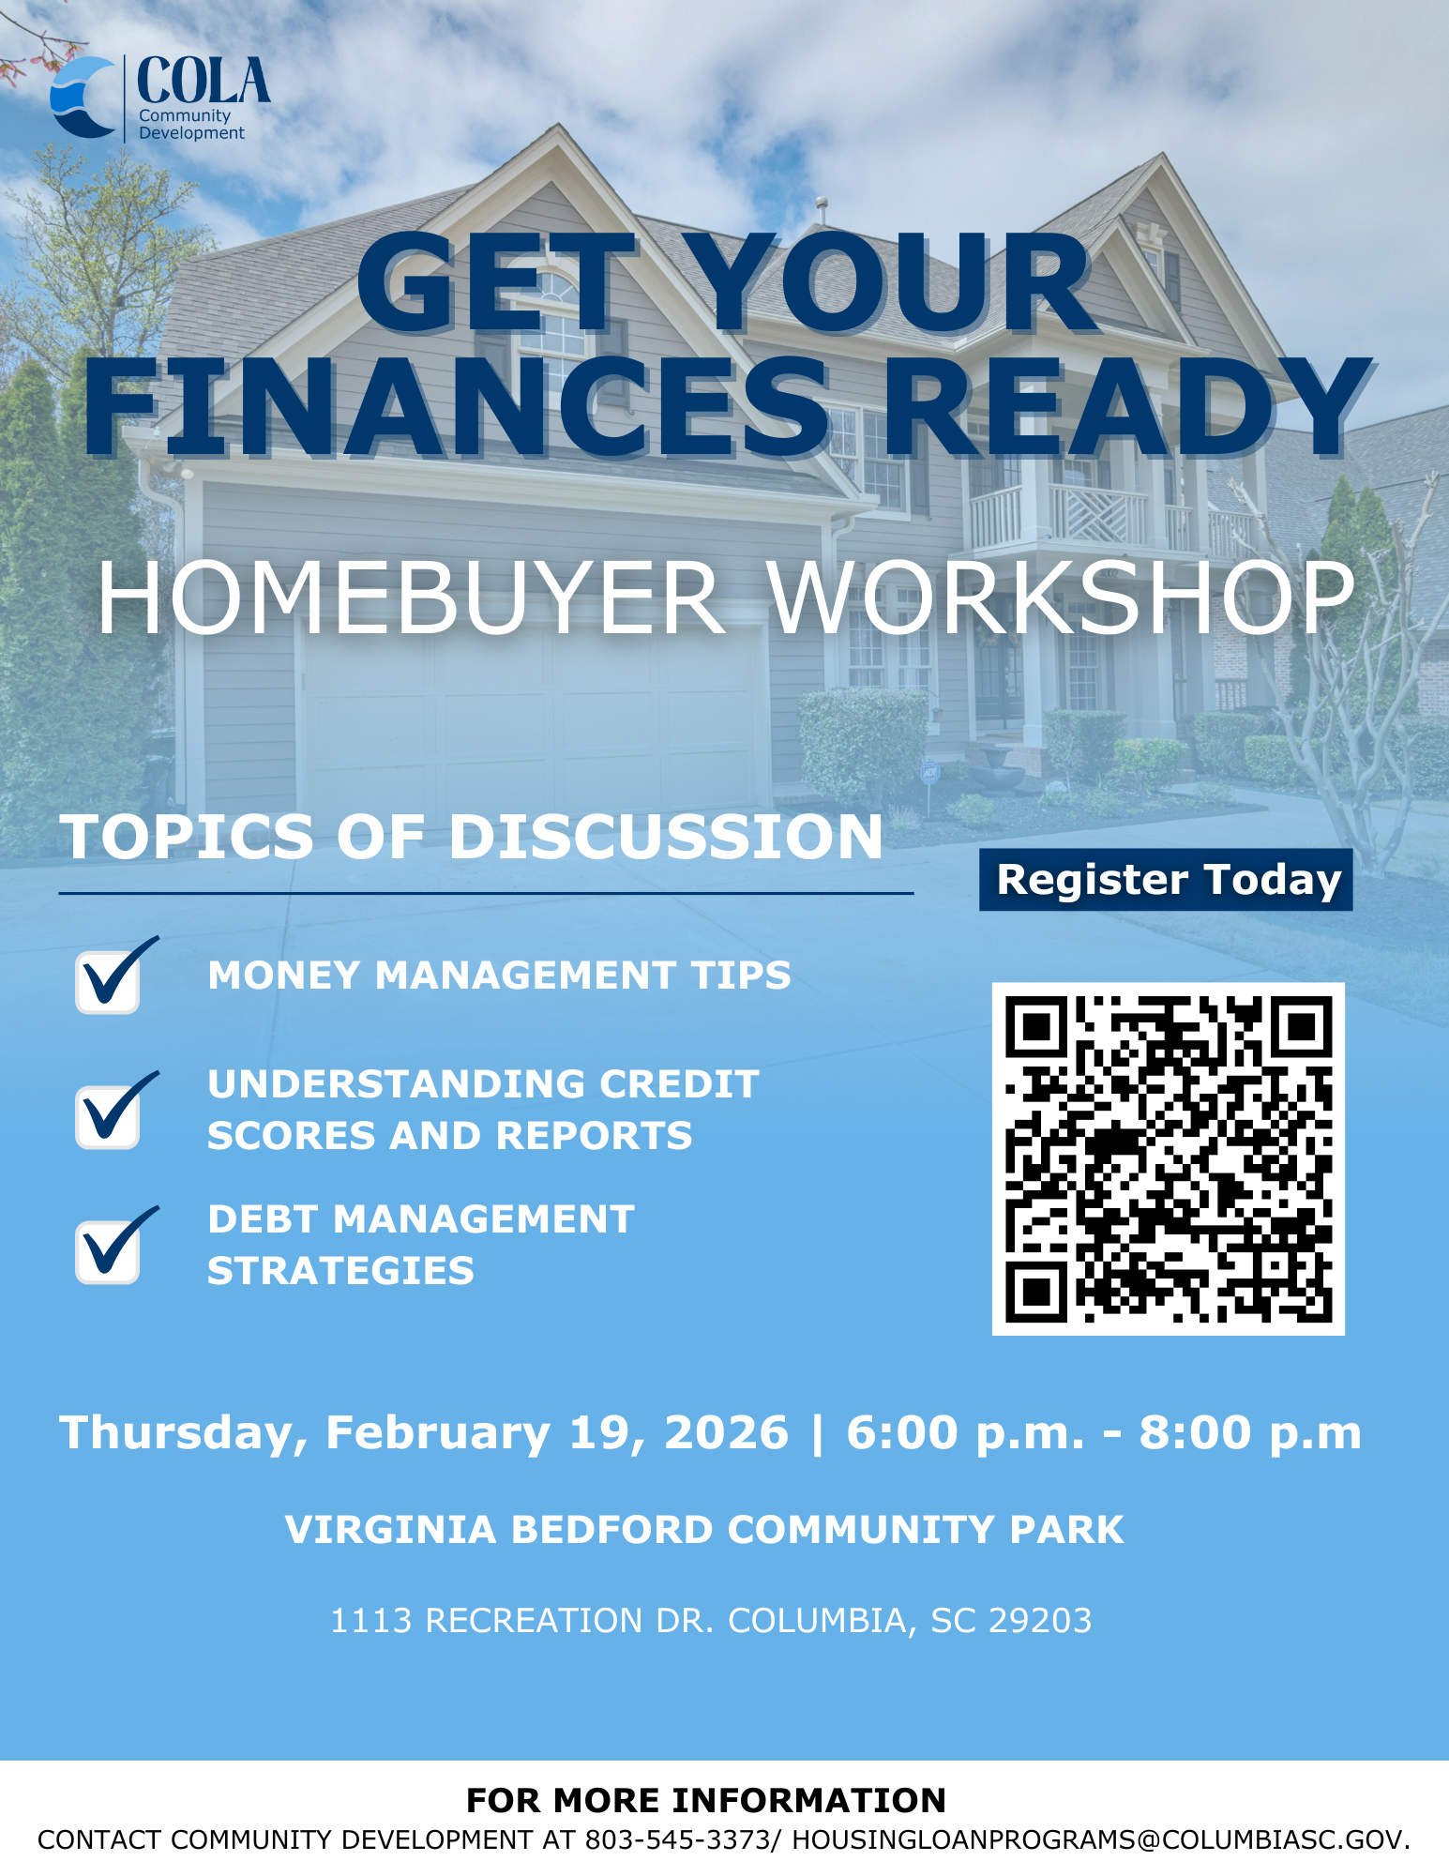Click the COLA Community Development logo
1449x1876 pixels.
point(160,98)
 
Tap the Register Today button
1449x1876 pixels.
point(1166,880)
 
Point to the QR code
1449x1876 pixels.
point(1169,1159)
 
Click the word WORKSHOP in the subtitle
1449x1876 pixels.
point(1063,599)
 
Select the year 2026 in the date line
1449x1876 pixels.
point(727,1432)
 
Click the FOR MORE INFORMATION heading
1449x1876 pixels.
point(706,1800)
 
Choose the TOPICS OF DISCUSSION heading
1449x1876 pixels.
point(472,836)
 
